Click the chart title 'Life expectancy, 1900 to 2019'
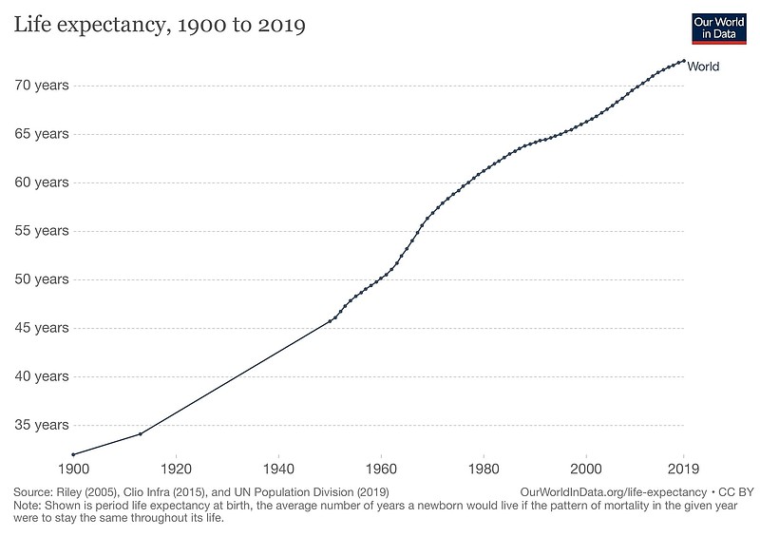pyautogui.click(x=159, y=26)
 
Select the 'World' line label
pyautogui.click(x=703, y=67)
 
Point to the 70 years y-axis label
pyautogui.click(x=41, y=86)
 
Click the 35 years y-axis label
pyautogui.click(x=41, y=425)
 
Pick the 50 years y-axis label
pyautogui.click(x=41, y=279)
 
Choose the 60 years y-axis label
pyautogui.click(x=41, y=182)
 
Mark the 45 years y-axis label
pyautogui.click(x=41, y=328)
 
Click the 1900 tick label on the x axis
pyautogui.click(x=72, y=469)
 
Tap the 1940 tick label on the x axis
pyautogui.click(x=277, y=469)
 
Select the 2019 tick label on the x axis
pyautogui.click(x=683, y=469)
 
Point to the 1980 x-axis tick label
pyautogui.click(x=484, y=469)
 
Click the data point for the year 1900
pyautogui.click(x=73, y=454)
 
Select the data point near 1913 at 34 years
pyautogui.click(x=141, y=433)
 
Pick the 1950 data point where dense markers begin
pyautogui.click(x=330, y=320)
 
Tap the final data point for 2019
pyautogui.click(x=683, y=61)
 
